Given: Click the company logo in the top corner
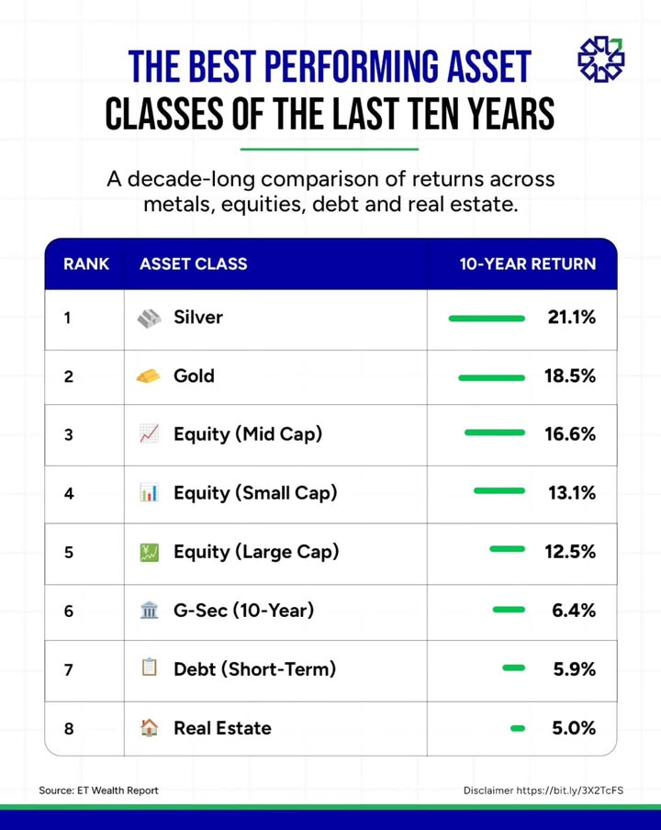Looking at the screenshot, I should coord(600,60).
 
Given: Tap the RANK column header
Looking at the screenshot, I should coord(86,264).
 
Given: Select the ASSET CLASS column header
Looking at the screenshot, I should coord(193,264).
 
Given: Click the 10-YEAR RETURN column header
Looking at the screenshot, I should coord(527,264).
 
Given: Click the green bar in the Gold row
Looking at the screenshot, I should coord(491,376).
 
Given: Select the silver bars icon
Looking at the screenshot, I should coord(149,318).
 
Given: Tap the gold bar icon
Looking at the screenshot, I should coord(148,376).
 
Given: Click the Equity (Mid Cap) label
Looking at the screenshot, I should coord(248,434).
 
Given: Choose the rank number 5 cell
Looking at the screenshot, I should coord(69,553).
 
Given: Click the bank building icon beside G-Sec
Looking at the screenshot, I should coord(149,611).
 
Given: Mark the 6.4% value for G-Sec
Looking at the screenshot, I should coord(574,611).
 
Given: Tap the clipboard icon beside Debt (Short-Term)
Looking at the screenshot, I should coord(149,668).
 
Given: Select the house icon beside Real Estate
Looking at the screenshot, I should coord(149,728).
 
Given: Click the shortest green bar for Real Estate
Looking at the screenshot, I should coord(518,728).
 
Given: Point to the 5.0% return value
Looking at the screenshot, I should coord(574,728).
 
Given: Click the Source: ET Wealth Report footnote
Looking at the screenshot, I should coord(98,791).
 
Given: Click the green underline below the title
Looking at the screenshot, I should coord(330,148).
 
